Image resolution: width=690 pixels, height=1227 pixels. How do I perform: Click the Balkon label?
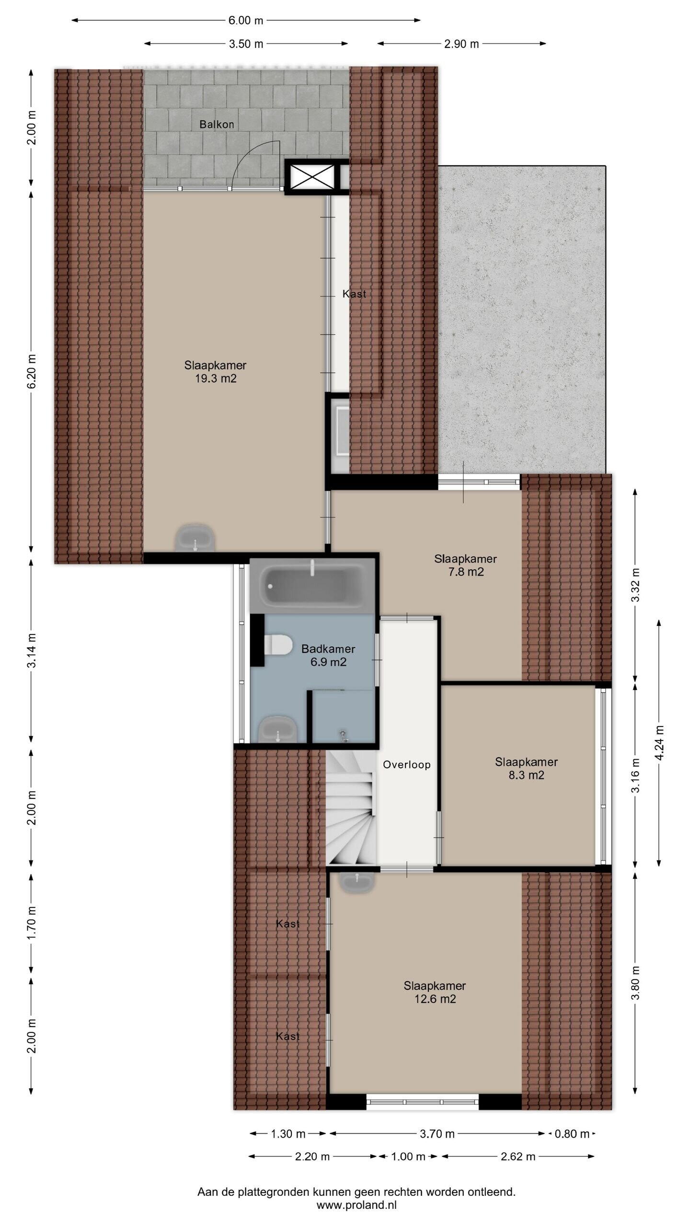(217, 125)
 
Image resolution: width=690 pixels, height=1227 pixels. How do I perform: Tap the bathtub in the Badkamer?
(311, 586)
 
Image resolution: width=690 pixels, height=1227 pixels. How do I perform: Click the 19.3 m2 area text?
(216, 379)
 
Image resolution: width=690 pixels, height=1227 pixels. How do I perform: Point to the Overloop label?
(407, 765)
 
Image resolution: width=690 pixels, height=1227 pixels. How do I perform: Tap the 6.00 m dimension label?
(246, 20)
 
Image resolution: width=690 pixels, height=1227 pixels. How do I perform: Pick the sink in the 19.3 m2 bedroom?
(195, 538)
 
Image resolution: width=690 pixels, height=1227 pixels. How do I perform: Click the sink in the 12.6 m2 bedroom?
(357, 882)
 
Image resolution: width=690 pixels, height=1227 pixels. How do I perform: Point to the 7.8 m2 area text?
(465, 572)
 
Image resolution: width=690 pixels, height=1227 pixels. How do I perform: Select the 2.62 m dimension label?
(518, 1157)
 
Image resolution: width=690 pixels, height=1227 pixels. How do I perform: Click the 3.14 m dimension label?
(31, 650)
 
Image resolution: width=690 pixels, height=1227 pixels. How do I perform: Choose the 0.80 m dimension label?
(572, 1134)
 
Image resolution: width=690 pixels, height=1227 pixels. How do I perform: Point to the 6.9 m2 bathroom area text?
(328, 662)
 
